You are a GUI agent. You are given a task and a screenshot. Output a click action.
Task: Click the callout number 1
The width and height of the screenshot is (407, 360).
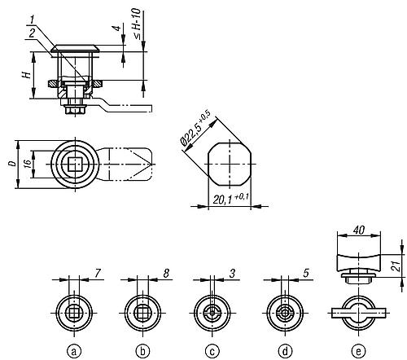pos(31,18)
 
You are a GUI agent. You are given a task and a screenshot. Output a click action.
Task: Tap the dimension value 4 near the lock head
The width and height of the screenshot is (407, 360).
pos(117,32)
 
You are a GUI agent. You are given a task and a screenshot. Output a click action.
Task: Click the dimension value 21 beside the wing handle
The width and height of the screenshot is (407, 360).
pos(397,265)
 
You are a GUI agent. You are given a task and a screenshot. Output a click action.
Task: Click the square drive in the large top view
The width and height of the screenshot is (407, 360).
pos(75,164)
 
